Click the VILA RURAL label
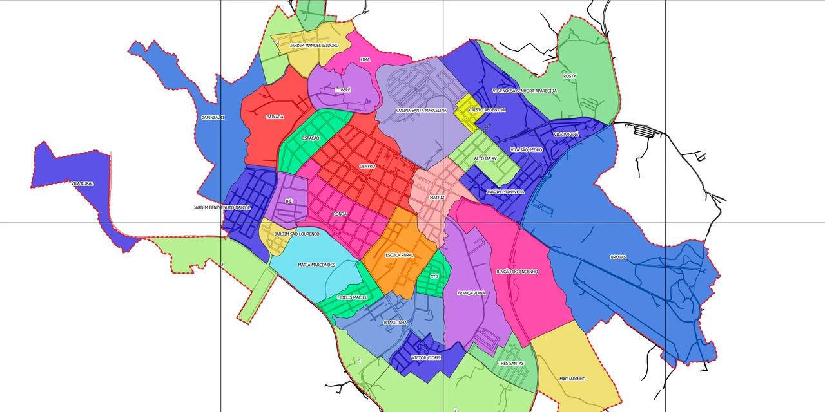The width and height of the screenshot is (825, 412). pos(82,183)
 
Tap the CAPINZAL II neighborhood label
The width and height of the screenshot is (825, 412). pos(213,118)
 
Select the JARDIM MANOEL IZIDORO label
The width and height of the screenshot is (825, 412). pos(314,46)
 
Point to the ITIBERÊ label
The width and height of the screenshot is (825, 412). pos(343,90)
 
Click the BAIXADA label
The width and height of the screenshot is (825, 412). pos(275,117)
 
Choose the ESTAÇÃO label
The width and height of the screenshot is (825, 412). pos(311,138)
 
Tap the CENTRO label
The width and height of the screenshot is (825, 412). pos(367,167)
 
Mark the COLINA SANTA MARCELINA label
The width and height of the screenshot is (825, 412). pos(421,110)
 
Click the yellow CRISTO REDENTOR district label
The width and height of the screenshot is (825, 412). pos(487,110)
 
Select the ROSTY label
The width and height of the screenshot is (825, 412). pos(569,76)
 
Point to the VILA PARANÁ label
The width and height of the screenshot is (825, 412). pos(566,135)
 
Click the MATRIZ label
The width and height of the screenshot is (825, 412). pos(437,198)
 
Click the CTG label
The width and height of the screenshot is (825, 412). pos(434,277)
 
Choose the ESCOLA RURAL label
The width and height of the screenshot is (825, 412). pos(400,256)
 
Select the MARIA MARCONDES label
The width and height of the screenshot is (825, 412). pos(316,265)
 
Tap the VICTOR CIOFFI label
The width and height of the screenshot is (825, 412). pos(427,357)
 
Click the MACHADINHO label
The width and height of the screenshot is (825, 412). pos(572,379)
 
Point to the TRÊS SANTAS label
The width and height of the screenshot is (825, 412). pos(511,364)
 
